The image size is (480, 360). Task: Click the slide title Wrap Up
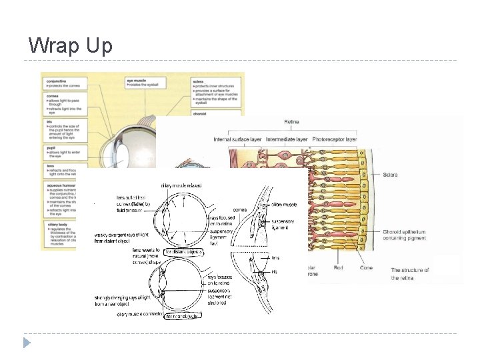coord(71,45)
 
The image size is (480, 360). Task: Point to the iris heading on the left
coord(49,123)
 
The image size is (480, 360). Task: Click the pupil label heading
coord(51,148)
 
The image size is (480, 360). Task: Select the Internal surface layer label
coord(238,139)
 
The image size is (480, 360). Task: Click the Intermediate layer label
coord(287,139)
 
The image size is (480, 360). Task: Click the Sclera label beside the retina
coord(391,175)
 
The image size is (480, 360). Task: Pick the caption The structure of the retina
coord(410,274)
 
